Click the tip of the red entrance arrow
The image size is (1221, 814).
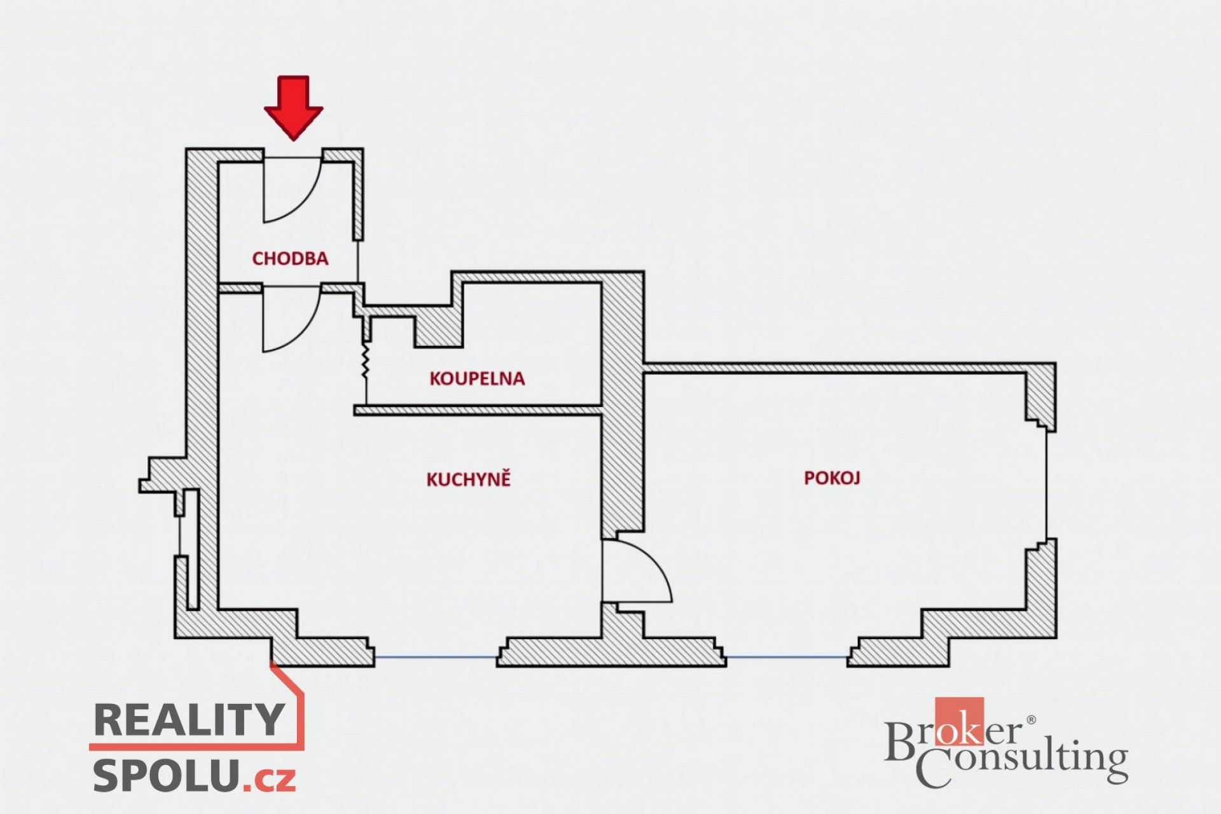(x=293, y=139)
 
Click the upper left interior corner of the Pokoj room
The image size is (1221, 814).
(x=644, y=373)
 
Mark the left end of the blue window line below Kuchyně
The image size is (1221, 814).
(x=375, y=657)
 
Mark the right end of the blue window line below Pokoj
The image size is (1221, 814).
(x=848, y=657)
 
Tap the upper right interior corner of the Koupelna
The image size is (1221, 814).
(x=601, y=284)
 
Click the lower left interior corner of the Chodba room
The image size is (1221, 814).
(x=219, y=282)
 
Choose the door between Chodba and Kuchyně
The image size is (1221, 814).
(x=292, y=318)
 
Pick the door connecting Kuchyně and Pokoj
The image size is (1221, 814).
(x=637, y=570)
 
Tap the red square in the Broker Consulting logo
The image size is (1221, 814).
(x=959, y=721)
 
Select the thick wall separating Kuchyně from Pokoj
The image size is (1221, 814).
(x=623, y=407)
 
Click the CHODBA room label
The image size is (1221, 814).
(x=290, y=258)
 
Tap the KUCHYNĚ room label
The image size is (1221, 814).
(x=469, y=479)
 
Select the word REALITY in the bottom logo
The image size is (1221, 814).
(x=189, y=719)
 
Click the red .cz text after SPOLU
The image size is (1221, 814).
(x=270, y=779)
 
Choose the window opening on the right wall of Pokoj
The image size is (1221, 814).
(x=1046, y=486)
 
